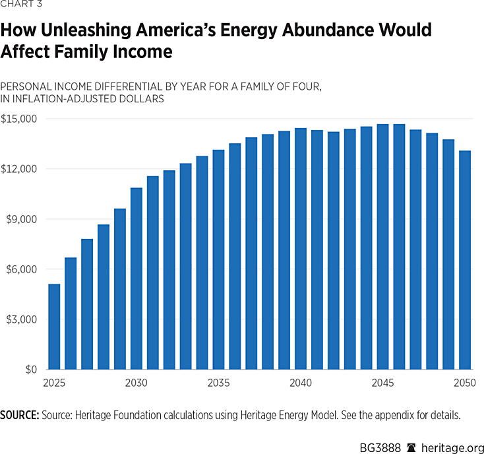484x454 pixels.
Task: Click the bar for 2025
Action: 54,327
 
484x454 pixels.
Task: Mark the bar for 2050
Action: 465,260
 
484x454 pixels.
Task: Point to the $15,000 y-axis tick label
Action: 20,119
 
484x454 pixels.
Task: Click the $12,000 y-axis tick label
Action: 20,169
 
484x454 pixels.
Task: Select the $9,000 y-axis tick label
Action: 22,219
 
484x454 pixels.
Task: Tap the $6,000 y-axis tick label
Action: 22,269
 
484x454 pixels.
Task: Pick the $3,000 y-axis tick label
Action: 22,319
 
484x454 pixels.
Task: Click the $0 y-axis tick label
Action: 30,370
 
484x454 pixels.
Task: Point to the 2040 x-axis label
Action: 301,383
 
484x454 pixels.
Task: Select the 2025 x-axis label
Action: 54,383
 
